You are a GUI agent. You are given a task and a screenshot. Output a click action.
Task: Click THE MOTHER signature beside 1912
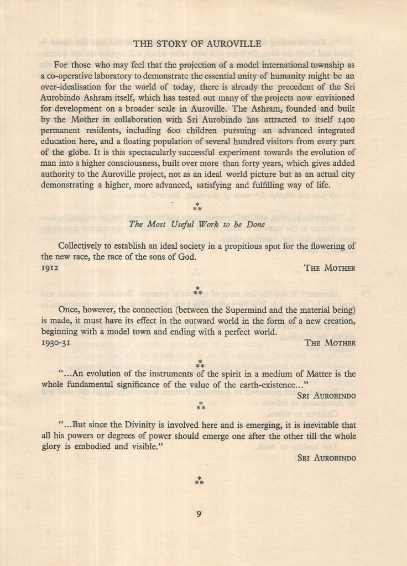tap(330, 268)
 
